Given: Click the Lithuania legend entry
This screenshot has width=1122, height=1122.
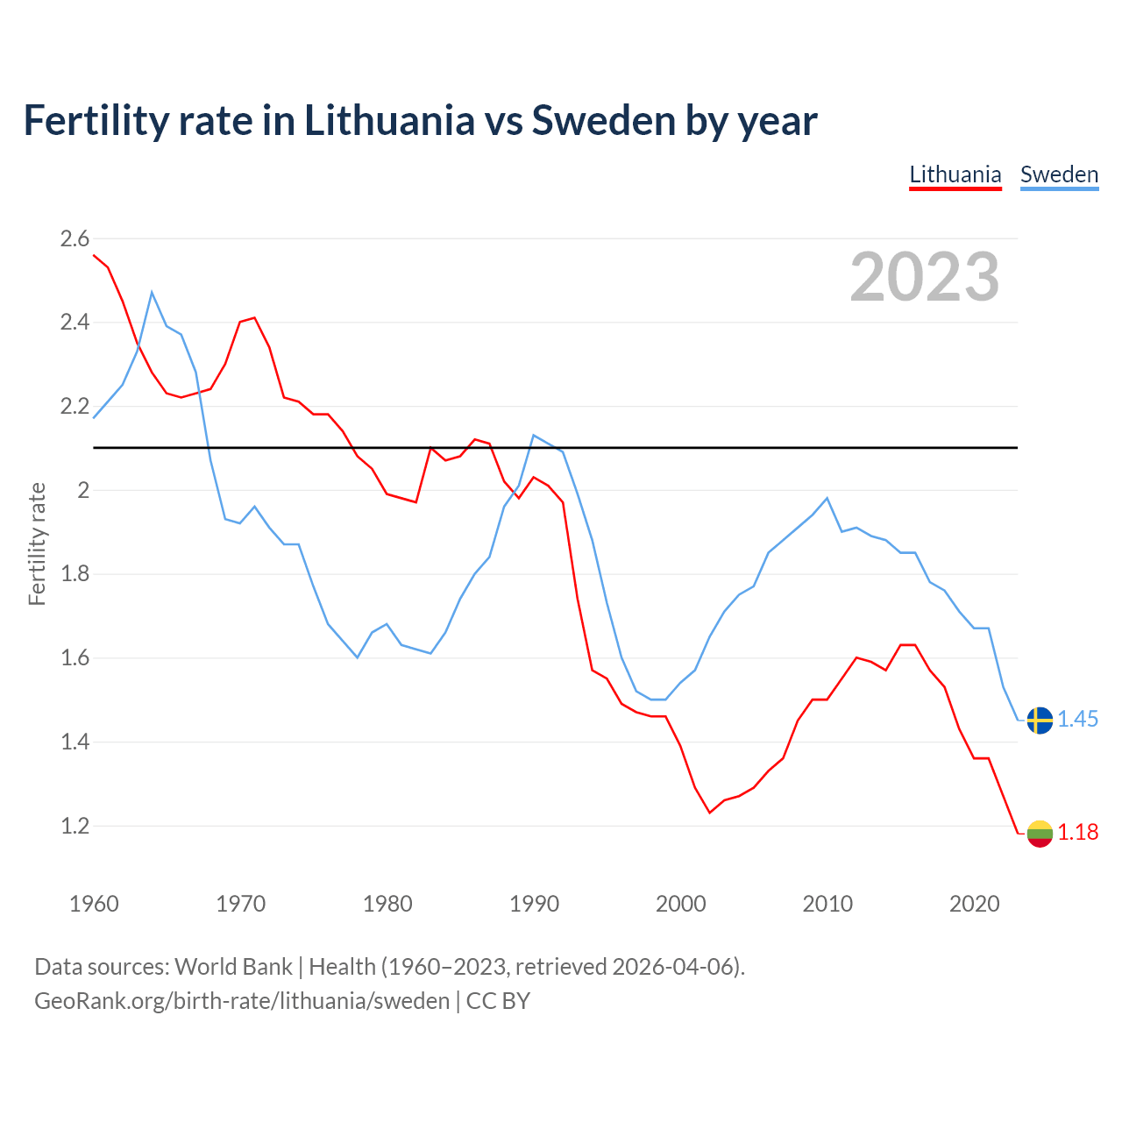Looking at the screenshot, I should click(x=955, y=174).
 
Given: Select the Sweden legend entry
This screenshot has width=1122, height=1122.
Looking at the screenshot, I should click(x=1059, y=174).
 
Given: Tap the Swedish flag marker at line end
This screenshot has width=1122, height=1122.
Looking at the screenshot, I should click(x=1040, y=720).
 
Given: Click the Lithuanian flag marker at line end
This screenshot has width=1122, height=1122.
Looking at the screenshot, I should click(x=1040, y=833).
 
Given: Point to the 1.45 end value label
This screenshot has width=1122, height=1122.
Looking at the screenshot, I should click(x=1077, y=720).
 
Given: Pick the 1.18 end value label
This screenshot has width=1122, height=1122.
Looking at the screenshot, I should click(x=1077, y=833).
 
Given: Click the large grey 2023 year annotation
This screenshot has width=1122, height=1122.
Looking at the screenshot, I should click(x=925, y=277).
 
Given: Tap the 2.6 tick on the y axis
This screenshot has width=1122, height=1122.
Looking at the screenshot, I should click(x=75, y=238).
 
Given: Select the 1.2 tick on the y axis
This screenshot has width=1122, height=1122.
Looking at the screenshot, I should click(x=75, y=826).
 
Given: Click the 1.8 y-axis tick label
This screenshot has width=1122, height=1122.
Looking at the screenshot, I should click(x=75, y=574).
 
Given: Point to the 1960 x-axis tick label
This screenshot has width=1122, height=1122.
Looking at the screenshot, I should click(x=94, y=904).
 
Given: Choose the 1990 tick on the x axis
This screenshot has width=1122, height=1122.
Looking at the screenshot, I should click(x=534, y=904).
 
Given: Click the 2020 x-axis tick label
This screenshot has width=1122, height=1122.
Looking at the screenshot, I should click(x=974, y=904).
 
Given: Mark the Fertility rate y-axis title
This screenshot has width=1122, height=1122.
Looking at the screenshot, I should click(x=37, y=543).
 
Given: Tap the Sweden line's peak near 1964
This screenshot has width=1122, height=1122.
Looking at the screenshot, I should click(x=152, y=292).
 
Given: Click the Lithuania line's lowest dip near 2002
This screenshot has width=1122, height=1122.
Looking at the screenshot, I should click(x=710, y=813).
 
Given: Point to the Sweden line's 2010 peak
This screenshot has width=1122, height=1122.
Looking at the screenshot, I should click(x=827, y=498).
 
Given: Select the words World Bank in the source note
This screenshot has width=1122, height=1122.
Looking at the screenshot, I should click(x=233, y=967).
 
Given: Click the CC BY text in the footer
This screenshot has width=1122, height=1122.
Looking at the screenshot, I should click(x=498, y=1001).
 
